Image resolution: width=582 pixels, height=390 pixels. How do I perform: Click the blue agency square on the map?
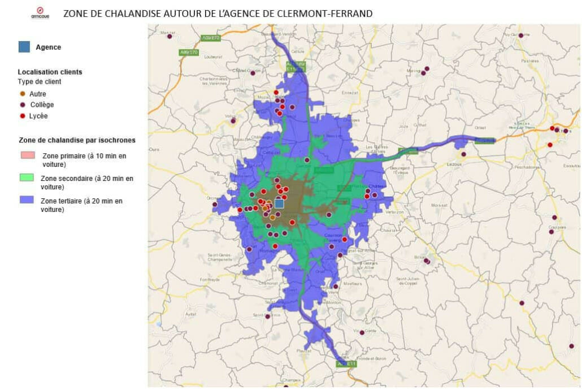click(279, 203)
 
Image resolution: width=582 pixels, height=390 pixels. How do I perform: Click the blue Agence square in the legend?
click(24, 47)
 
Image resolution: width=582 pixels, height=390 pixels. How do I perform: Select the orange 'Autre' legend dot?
click(23, 94)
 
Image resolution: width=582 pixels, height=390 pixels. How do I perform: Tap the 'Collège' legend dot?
click(23, 105)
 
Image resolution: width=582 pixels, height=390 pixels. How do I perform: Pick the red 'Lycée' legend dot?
click(23, 116)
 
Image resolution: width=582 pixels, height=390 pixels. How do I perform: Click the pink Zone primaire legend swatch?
click(28, 155)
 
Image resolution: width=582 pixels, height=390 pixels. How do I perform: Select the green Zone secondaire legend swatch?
click(28, 178)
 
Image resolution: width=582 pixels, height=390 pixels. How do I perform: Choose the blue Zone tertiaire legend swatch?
click(28, 200)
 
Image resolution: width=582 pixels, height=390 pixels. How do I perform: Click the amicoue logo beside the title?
click(40, 13)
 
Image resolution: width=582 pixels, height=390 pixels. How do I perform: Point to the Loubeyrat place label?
click(214, 57)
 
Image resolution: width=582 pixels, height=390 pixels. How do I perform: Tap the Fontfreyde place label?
click(209, 279)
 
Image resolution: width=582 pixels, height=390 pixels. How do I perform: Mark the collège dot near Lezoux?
click(463, 154)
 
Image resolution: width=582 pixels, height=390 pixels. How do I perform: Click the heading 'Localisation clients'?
click(50, 72)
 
